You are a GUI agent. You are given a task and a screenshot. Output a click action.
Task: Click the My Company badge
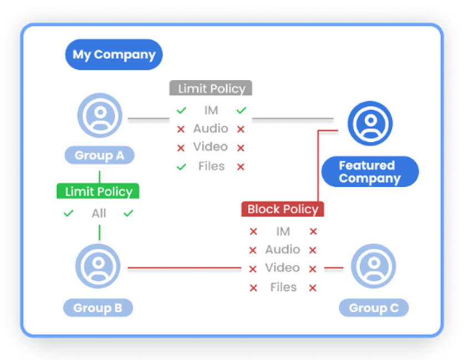pos(114,55)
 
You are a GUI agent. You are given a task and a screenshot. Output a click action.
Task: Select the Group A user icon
pos(100,115)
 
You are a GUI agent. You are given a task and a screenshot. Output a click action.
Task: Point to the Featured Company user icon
pos(370,123)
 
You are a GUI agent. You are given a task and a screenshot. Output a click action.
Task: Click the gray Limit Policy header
pos(211,89)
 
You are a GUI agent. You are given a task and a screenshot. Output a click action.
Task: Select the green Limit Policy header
pos(98,192)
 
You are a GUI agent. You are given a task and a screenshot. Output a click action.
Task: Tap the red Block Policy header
pos(282,209)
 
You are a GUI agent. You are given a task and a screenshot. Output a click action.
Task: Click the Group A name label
pos(99,156)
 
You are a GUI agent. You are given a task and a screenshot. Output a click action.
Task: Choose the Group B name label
pos(98,308)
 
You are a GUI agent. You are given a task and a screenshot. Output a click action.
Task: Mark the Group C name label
pos(374,308)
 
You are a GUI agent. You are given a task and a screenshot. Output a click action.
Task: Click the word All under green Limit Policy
pos(99,213)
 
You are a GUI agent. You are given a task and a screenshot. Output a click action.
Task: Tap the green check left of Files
pos(181,166)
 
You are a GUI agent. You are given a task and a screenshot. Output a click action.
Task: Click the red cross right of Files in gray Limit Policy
pos(241,166)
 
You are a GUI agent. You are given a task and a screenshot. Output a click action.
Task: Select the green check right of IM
pos(241,111)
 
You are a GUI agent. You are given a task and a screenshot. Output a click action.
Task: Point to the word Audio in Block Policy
pos(282,250)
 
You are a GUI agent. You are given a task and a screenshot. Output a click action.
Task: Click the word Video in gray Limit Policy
pos(211,147)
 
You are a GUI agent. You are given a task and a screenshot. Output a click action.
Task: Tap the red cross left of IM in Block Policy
pos(253,232)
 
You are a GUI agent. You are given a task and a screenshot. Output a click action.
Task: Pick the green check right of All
pos(129,213)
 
